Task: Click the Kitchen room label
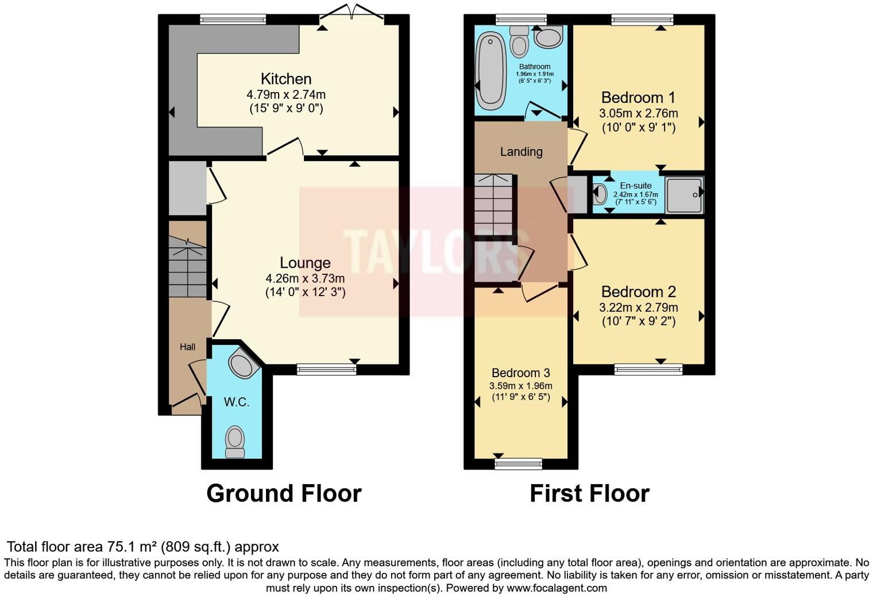coord(286,79)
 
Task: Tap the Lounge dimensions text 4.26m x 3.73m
coord(305,278)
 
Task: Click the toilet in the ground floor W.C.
coord(235,442)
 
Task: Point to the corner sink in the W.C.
coord(241,365)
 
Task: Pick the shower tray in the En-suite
coord(683,195)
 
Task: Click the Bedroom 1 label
coord(638,97)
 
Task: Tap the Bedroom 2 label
coord(638,292)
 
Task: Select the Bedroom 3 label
coord(520,373)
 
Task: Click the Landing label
coord(521,152)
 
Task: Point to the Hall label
coord(187,347)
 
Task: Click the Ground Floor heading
coord(284,493)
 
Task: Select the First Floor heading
coord(589,493)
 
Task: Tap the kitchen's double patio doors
coord(353,13)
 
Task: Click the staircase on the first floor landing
coord(493,204)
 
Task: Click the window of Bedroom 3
coord(519,463)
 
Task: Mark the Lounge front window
coord(326,370)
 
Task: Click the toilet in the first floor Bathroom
coord(520,41)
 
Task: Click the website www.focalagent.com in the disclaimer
coord(557,588)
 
